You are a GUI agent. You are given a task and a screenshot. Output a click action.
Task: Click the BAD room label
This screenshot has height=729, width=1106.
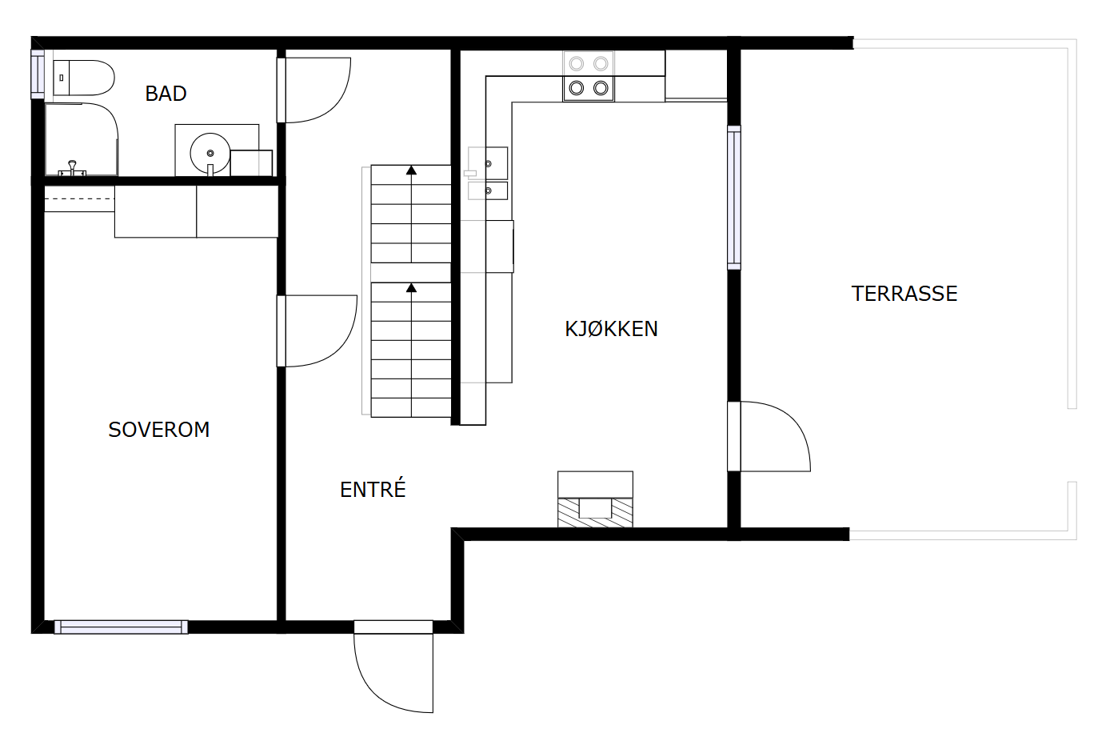click(166, 94)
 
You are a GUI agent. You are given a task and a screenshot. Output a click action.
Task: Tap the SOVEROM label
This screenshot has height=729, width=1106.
click(158, 430)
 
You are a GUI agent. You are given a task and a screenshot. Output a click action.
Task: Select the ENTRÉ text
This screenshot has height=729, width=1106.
click(373, 489)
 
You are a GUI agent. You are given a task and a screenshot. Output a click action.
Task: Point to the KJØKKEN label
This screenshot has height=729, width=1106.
click(611, 329)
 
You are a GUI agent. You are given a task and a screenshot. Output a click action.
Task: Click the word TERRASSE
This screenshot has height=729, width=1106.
click(904, 294)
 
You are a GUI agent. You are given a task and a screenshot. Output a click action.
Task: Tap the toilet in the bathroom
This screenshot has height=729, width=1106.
click(83, 78)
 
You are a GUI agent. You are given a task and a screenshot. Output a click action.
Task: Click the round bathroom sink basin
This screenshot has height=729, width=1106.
click(210, 152)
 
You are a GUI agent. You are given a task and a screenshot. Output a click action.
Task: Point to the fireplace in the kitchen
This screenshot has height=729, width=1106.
click(595, 501)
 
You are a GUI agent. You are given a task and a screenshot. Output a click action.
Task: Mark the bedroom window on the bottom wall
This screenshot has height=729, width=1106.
click(121, 627)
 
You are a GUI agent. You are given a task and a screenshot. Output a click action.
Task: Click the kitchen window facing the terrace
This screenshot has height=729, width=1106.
click(733, 197)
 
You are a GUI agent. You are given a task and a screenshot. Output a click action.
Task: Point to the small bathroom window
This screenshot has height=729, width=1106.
click(37, 74)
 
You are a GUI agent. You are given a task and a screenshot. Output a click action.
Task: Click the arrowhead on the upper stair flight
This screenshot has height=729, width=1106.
click(411, 170)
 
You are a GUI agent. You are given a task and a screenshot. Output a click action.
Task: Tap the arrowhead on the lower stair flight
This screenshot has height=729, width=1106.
click(411, 288)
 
